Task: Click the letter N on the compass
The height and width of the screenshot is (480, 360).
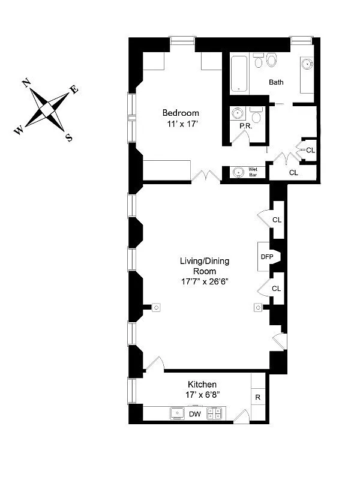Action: pos(27,83)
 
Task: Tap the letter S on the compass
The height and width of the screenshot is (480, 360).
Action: pos(69,137)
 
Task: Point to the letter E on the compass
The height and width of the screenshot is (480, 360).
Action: pos(74,90)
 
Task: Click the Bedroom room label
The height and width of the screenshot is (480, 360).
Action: pos(181,113)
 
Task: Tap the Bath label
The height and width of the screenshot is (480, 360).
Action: pos(276,82)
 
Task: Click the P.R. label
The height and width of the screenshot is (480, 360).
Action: pos(245,127)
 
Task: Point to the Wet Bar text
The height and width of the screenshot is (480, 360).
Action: pos(253,172)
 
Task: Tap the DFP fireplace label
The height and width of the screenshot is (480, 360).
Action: pos(266,256)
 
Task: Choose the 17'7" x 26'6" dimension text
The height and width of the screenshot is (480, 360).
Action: pos(205,282)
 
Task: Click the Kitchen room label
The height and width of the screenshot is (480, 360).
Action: pos(202,384)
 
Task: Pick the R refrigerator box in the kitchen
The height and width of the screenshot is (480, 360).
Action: pos(258,397)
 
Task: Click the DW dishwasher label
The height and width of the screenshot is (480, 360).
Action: pos(194,414)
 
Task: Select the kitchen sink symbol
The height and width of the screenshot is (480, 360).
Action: pos(178,413)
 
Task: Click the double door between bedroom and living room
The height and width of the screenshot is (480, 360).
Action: pos(206,176)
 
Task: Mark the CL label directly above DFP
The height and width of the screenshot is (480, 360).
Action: pos(277,220)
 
